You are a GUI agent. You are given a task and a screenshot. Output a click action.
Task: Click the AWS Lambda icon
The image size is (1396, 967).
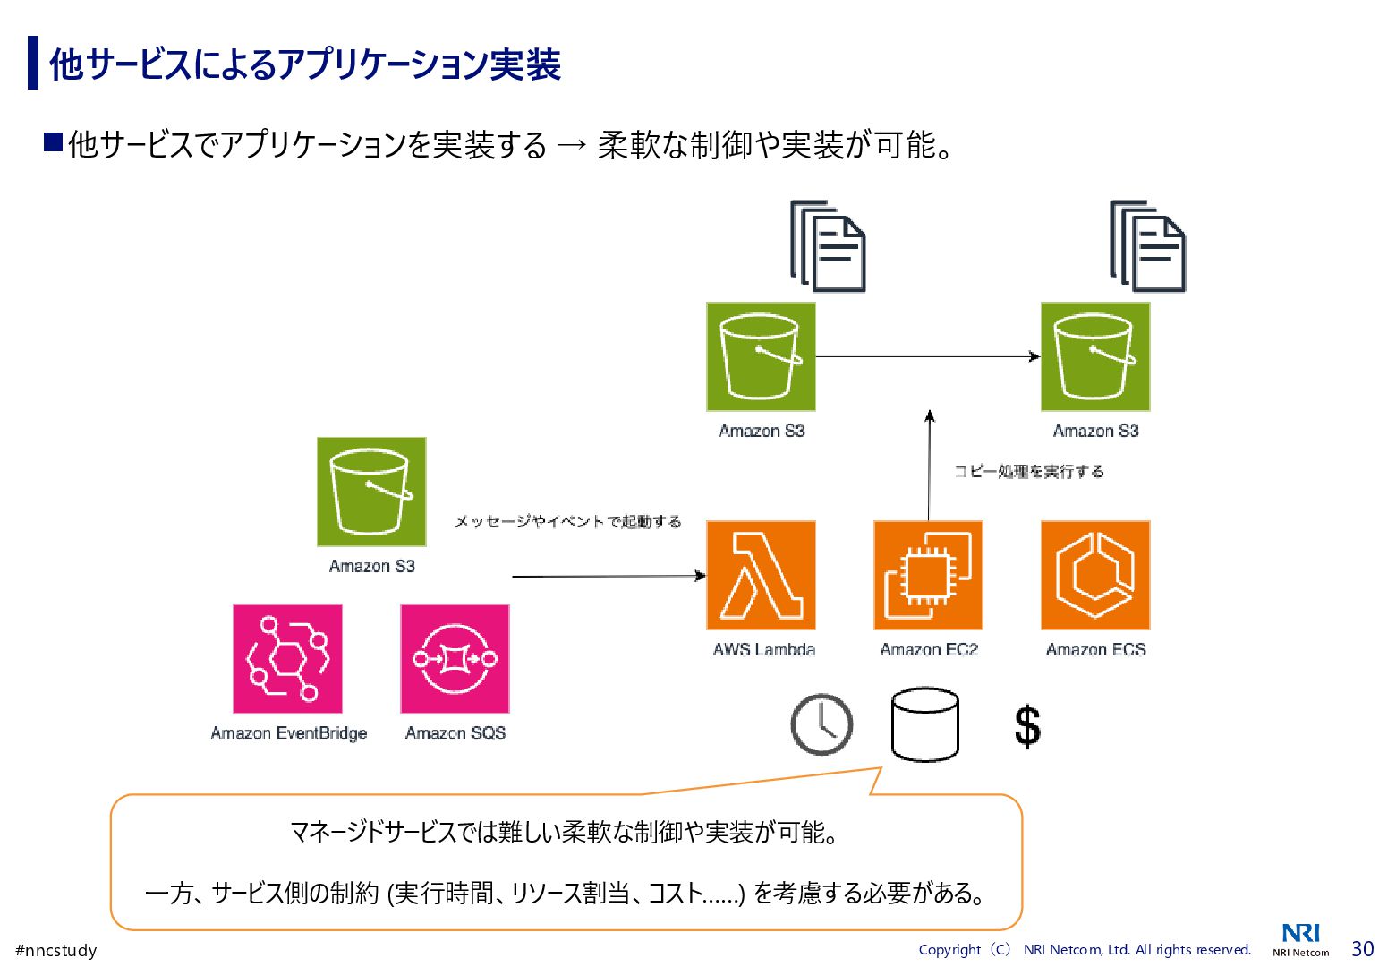[x=761, y=575]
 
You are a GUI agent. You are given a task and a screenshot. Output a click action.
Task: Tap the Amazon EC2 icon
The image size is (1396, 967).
[x=928, y=575]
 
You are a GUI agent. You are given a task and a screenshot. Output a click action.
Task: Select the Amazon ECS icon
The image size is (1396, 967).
[x=1095, y=575]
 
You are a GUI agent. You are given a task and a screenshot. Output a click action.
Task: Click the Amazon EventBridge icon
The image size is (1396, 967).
[x=287, y=658]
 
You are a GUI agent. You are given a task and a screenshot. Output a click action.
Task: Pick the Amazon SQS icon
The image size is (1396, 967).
[x=455, y=658]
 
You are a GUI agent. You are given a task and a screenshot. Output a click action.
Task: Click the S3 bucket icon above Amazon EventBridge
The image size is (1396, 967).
[x=371, y=492]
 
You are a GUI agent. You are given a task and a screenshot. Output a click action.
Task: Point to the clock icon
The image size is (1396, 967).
[x=821, y=724]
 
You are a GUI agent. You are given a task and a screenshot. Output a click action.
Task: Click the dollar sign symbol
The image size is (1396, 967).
[x=1027, y=725]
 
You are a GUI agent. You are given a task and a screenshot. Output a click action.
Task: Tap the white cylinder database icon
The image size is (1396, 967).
[x=925, y=724]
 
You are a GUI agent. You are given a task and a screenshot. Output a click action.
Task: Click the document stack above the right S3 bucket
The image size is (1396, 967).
[x=1148, y=246]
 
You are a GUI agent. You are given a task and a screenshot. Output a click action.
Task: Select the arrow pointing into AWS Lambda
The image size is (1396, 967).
[x=609, y=576]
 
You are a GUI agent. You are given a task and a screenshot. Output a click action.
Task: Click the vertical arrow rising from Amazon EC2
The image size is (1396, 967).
[x=929, y=466]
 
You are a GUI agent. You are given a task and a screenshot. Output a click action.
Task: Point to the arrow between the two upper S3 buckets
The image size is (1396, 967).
[x=927, y=356]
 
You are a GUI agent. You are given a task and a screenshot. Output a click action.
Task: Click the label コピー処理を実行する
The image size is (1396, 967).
[x=1028, y=471]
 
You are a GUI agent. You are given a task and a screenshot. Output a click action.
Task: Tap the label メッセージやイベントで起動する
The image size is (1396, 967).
[x=567, y=521]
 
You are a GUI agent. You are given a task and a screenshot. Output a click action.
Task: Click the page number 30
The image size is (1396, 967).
[x=1362, y=948]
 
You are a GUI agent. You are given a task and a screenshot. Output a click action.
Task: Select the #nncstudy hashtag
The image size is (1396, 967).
[x=56, y=950]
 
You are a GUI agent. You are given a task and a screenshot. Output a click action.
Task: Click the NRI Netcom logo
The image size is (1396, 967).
[x=1301, y=940]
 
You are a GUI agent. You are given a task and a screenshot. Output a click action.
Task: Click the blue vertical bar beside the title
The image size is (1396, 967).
[x=33, y=63]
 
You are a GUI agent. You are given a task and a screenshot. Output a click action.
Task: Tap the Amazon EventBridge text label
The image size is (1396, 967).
[x=288, y=732]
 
